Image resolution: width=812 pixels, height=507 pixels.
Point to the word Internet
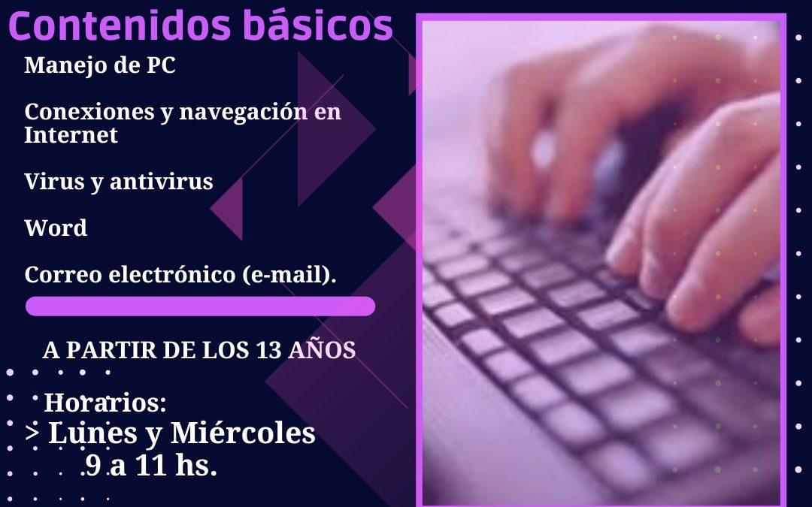[71, 135]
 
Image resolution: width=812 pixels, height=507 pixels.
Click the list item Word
[56, 228]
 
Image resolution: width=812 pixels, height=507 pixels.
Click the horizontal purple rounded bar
[201, 306]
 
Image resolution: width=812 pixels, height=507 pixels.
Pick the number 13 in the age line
[268, 350]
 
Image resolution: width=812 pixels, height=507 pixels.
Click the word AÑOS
[322, 350]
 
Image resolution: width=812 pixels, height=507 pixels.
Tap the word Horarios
[105, 403]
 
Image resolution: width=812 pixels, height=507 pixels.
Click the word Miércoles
[243, 433]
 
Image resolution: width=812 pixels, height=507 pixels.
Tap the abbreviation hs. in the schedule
[196, 465]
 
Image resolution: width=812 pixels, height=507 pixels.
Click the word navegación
[243, 113]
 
